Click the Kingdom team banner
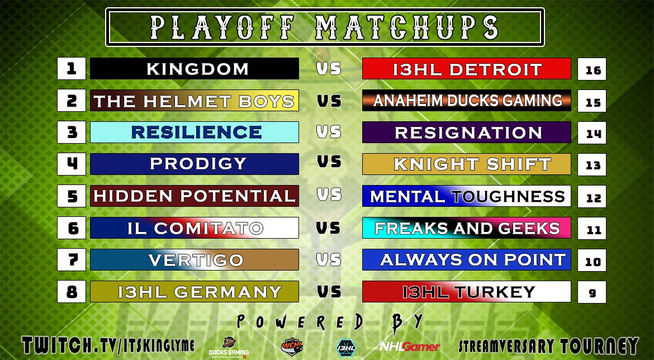194,69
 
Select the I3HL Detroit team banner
467,69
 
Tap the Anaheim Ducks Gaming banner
467,101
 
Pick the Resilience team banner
194,132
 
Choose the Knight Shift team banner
467,164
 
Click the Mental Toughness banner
467,196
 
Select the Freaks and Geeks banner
467,228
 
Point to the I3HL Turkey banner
467,292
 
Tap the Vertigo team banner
194,260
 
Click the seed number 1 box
71,69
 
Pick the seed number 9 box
592,292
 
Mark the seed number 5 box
71,196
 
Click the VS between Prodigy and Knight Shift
329,162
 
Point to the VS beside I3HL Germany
329,291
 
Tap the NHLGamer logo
410,347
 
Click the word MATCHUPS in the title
406,26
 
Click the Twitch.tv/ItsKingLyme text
109,345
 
